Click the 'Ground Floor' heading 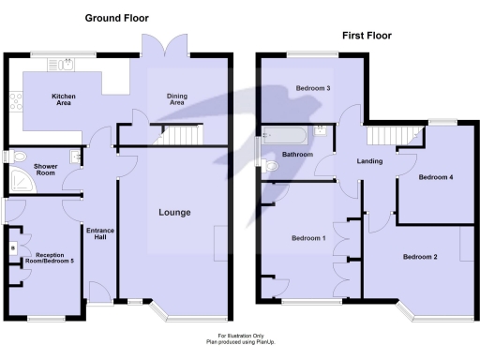tap(116, 19)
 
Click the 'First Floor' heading tap(366, 36)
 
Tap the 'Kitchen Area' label tap(64, 100)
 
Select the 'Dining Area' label tap(176, 99)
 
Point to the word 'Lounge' tap(174, 213)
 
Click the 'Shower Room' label tap(46, 170)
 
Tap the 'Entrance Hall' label tap(99, 235)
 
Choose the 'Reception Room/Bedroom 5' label tap(54, 257)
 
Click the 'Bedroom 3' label tap(313, 89)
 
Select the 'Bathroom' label tap(297, 154)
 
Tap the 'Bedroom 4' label tap(435, 177)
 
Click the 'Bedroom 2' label tap(420, 257)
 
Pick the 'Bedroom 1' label tap(308, 238)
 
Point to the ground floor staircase tap(181, 137)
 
